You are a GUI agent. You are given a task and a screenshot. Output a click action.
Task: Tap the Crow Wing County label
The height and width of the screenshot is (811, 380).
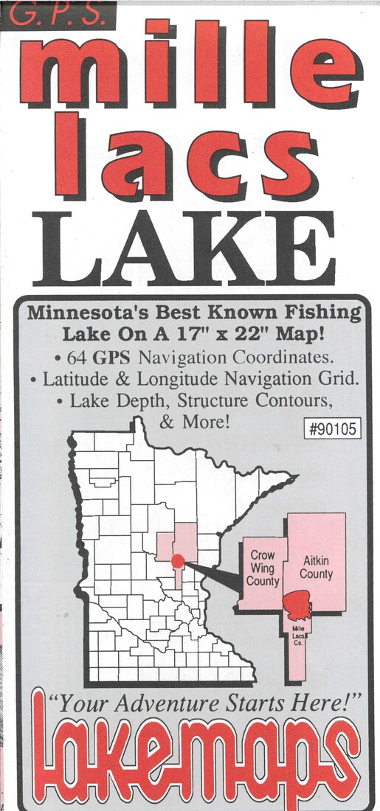[x=263, y=568]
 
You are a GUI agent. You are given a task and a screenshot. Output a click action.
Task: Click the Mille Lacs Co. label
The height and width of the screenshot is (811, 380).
[x=298, y=631]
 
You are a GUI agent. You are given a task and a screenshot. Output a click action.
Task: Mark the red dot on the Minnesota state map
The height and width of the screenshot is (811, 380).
[x=176, y=562]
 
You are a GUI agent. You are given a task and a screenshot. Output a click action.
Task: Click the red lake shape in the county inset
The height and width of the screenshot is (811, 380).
[x=298, y=606]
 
